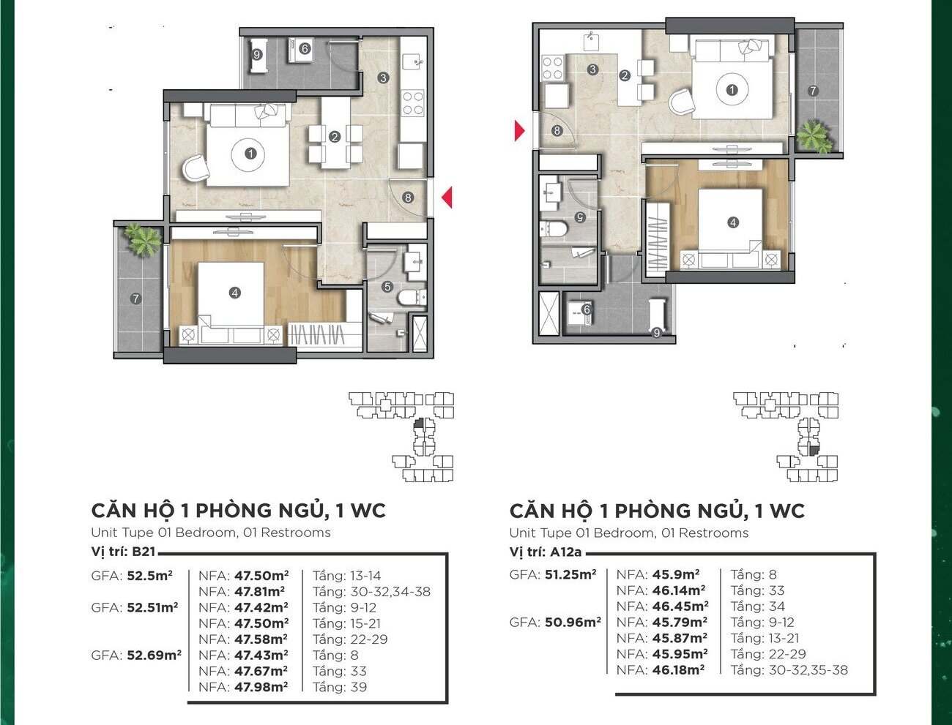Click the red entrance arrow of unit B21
(447, 198)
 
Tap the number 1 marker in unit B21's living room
(250, 154)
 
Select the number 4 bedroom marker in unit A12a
(733, 222)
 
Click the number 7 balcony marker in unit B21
(135, 298)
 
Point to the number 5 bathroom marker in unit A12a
(580, 217)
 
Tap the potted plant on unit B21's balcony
(142, 239)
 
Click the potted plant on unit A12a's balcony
(814, 136)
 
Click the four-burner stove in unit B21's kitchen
(413, 103)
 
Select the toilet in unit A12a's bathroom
(554, 229)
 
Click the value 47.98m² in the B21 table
(261, 687)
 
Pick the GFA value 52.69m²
(154, 655)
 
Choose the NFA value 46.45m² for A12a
(680, 606)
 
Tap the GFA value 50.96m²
(573, 623)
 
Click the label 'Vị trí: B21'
(123, 552)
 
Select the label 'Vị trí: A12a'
(545, 552)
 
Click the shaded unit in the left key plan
(418, 424)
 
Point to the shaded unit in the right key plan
(814, 451)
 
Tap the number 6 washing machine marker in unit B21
(305, 48)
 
